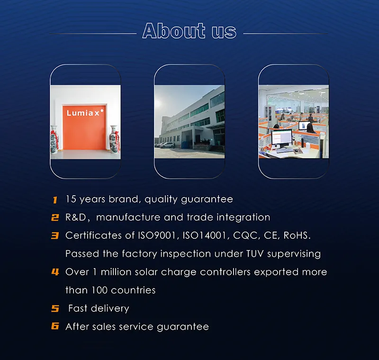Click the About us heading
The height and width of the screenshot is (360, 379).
click(189, 31)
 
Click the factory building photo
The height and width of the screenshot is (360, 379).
click(189, 121)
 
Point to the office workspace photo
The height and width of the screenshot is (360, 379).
click(293, 121)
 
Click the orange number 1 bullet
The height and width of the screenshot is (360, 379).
click(55, 200)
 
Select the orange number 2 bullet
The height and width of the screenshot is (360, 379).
click(55, 218)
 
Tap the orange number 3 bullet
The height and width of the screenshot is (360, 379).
click(55, 235)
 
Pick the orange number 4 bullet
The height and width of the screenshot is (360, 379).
click(55, 272)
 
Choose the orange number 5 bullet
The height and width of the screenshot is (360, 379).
click(55, 309)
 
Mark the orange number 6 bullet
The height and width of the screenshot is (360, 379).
click(55, 326)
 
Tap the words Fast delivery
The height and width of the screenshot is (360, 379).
click(99, 308)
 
